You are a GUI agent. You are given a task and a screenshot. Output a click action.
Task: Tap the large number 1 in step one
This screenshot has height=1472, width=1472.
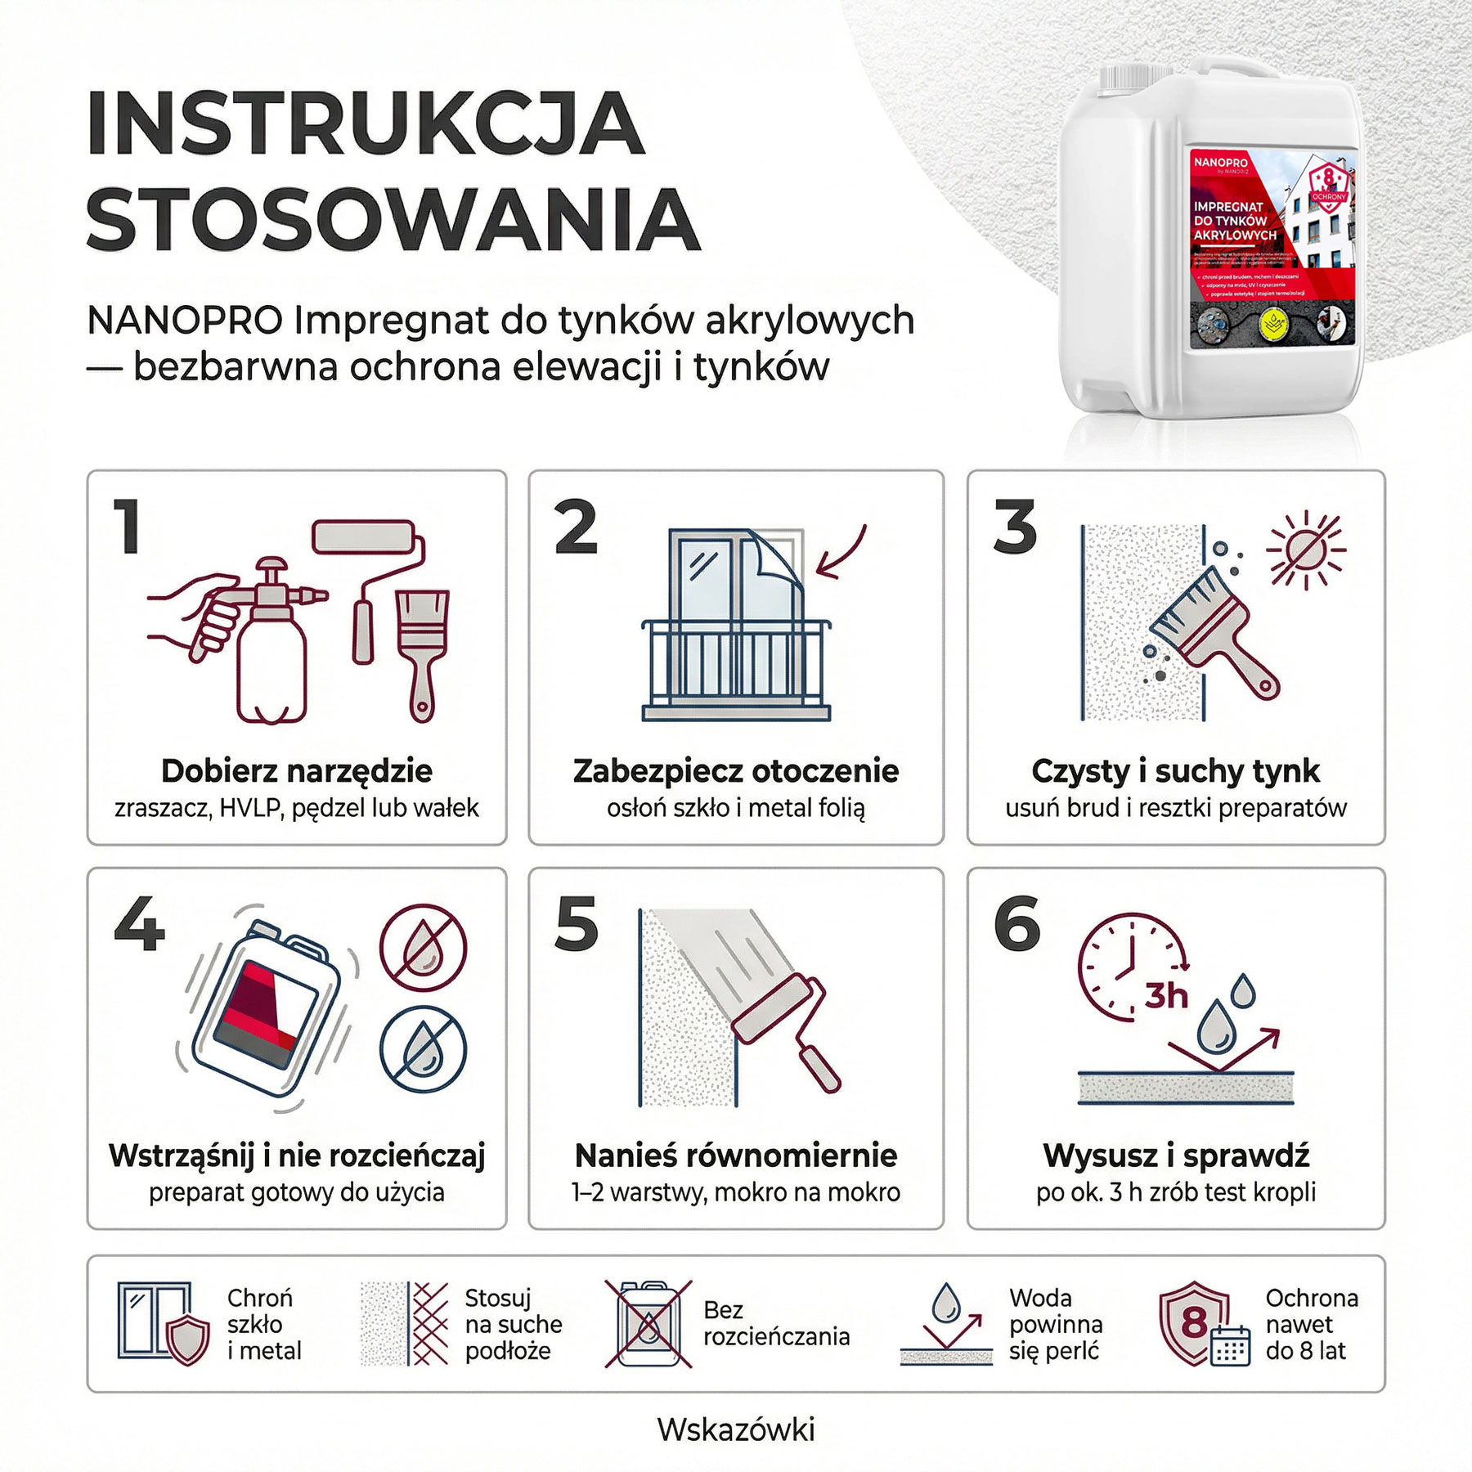(128, 527)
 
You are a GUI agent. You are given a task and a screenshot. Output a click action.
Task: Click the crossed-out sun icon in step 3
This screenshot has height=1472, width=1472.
(1305, 550)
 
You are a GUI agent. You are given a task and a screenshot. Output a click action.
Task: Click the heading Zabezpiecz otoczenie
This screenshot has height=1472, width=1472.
(735, 770)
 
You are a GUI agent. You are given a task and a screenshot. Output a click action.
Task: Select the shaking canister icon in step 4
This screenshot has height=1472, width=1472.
(266, 1008)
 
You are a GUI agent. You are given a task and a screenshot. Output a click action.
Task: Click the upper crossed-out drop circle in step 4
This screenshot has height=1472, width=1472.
(423, 948)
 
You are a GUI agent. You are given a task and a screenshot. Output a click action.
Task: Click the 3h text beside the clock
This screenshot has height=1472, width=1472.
(1165, 996)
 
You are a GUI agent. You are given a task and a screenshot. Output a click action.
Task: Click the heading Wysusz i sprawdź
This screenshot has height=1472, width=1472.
(1175, 1156)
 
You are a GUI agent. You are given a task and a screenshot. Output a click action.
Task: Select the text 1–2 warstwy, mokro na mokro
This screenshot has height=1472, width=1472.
(735, 1192)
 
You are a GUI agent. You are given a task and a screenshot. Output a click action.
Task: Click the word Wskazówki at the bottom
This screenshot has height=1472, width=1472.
(735, 1429)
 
